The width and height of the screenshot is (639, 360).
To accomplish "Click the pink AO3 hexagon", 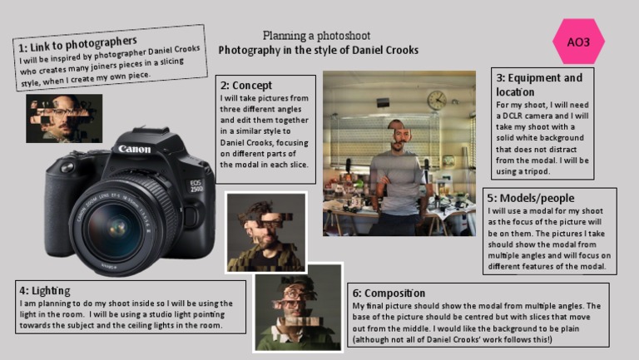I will (x=578, y=42).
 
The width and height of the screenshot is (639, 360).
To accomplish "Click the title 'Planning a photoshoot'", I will (x=316, y=36).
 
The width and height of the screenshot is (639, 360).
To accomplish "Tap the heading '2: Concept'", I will (x=245, y=86).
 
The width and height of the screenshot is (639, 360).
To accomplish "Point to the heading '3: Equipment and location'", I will (x=538, y=84).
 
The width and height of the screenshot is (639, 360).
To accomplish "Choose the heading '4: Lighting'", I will (x=46, y=290).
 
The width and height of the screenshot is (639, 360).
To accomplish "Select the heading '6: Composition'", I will (x=389, y=293).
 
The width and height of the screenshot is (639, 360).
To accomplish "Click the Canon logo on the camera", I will (x=135, y=149).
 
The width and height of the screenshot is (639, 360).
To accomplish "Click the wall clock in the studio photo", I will (x=437, y=101).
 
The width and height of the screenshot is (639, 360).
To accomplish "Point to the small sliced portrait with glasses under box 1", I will (x=64, y=118).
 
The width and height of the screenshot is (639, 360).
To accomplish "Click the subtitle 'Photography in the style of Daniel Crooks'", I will (x=318, y=51).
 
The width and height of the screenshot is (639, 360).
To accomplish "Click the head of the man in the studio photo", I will (x=401, y=132).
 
